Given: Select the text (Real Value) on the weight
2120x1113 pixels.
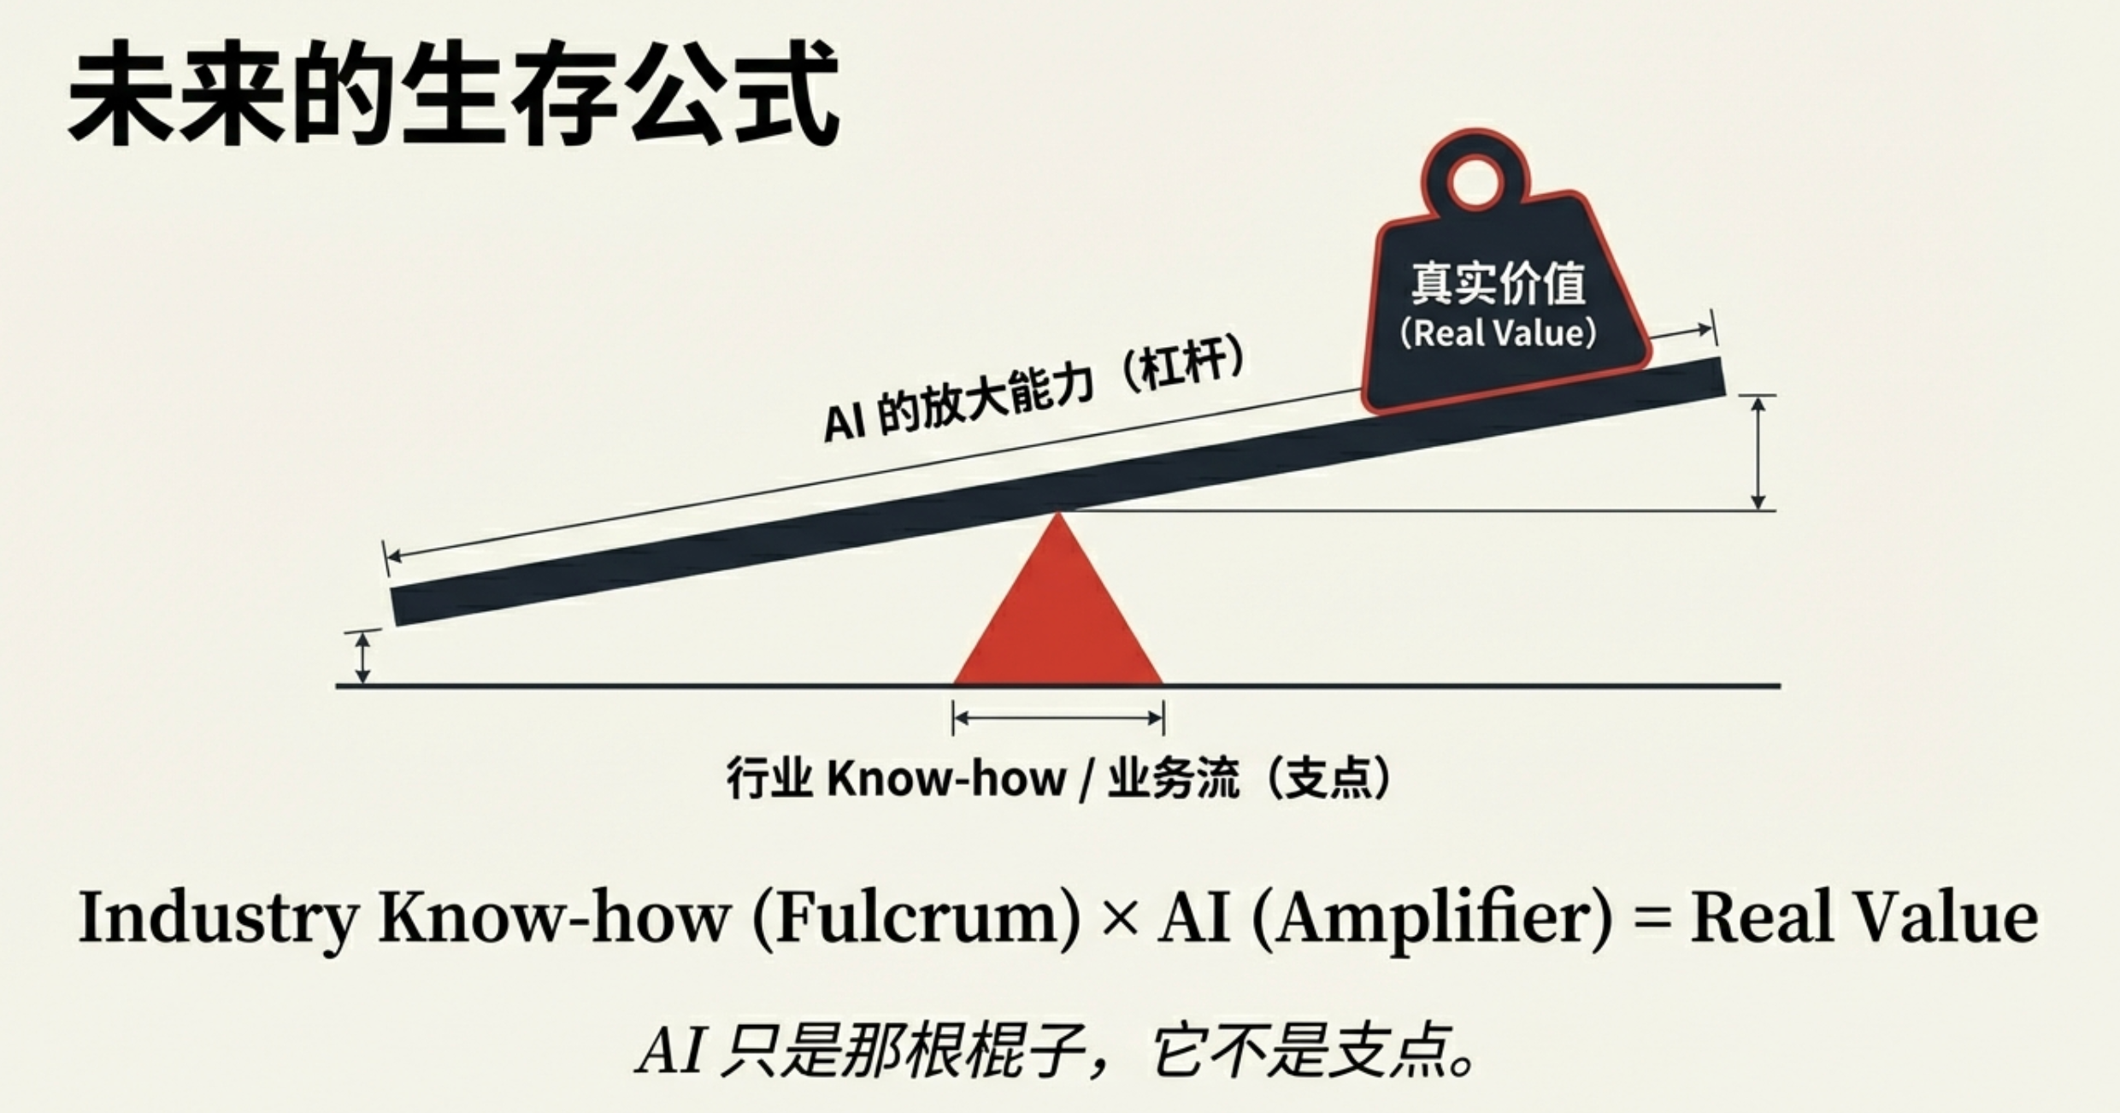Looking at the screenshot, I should click(1498, 333).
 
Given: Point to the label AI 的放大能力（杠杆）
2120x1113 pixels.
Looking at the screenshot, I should click(1034, 394).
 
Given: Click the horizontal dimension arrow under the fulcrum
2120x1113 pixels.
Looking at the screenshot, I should click(1058, 718).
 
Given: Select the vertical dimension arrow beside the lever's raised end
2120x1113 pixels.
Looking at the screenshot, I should click(1758, 453).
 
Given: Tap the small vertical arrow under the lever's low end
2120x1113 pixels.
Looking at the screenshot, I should click(362, 657).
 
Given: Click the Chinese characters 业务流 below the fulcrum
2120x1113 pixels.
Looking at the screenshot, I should click(1173, 779).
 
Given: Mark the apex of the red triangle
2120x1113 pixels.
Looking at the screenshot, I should click(1058, 515).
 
